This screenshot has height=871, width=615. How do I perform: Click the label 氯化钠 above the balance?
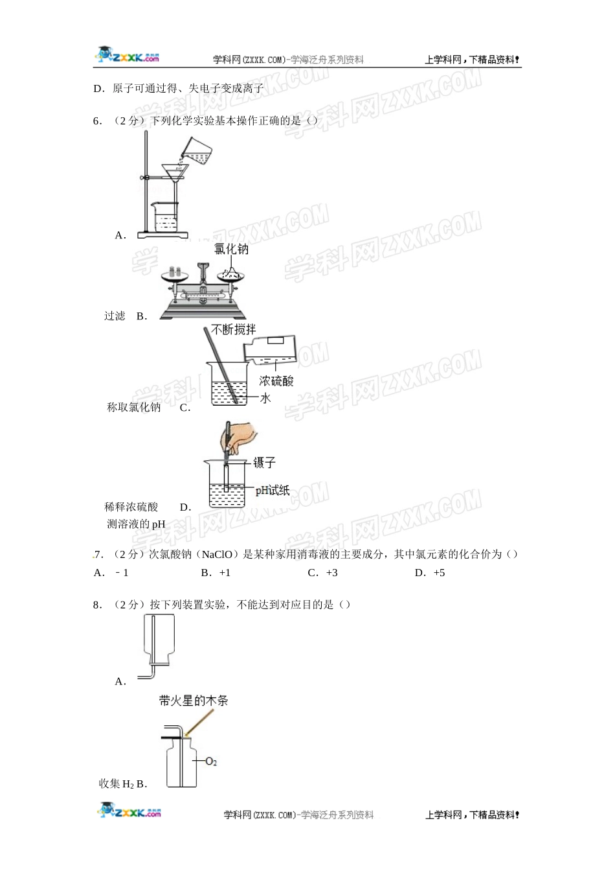pos(231,249)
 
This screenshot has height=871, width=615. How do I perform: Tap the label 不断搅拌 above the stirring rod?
pos(234,330)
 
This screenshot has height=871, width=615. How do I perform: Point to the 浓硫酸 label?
pos(276,380)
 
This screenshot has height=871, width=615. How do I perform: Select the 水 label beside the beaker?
pos(265,398)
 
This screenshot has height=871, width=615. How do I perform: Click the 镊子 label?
pos(265,462)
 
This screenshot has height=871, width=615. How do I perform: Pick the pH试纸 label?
pos(272,491)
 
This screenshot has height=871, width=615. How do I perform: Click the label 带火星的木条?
pos(194,701)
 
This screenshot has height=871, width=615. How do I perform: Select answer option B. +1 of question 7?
pos(216,573)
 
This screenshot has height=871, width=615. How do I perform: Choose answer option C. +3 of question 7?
pos(322,573)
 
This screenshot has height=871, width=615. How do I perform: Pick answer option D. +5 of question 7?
pos(430,573)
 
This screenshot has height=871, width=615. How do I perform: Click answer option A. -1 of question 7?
pos(111,573)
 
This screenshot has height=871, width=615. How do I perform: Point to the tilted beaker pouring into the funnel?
pos(197,151)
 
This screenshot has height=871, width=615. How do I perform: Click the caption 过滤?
pos(115,316)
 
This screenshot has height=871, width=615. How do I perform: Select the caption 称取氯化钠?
pos(133,407)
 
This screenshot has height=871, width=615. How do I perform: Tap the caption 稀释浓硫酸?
pos(131,507)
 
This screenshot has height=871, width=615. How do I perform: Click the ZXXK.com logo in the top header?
pos(128,56)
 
